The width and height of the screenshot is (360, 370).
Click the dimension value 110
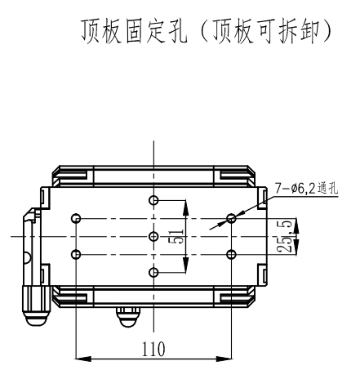pyautogui.click(x=153, y=349)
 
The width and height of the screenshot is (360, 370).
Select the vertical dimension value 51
pyautogui.click(x=177, y=236)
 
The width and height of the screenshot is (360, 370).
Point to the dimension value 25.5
pyautogui.click(x=285, y=236)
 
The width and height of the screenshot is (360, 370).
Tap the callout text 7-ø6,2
pyautogui.click(x=295, y=189)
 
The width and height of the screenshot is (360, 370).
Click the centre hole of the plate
pyautogui.click(x=153, y=236)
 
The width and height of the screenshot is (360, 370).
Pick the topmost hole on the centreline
pyautogui.click(x=153, y=200)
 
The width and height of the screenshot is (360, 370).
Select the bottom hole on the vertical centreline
pyautogui.click(x=153, y=272)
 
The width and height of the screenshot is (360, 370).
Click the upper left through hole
pyautogui.click(x=76, y=218)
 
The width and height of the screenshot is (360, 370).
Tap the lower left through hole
pyautogui.click(x=76, y=254)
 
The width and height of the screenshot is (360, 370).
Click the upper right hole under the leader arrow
pyautogui.click(x=231, y=218)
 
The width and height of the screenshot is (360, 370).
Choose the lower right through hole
pyautogui.click(x=231, y=254)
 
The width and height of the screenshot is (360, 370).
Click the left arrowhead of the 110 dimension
pyautogui.click(x=83, y=359)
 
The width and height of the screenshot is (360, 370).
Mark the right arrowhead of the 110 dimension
pyautogui.click(x=224, y=359)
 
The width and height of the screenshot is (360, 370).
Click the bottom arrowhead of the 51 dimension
pyautogui.click(x=185, y=265)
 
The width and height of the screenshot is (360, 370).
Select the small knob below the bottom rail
pyautogui.click(x=127, y=317)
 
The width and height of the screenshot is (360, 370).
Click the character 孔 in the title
pyautogui.click(x=178, y=31)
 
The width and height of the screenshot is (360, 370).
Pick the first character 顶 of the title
pyautogui.click(x=91, y=31)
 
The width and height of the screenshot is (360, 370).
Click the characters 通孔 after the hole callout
pyautogui.click(x=327, y=189)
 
